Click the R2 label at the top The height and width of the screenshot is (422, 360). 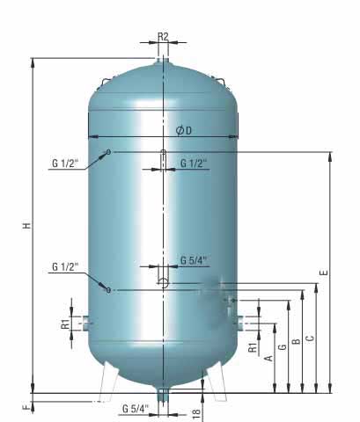[x=164, y=37]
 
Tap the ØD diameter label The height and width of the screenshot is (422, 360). [x=184, y=130]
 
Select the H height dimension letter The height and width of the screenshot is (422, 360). [x=26, y=226]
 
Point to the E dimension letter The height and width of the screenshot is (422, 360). [x=324, y=273]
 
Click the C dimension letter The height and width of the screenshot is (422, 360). [x=310, y=338]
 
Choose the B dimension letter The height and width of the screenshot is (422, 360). [x=296, y=341]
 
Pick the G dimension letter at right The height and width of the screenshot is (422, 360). [x=283, y=347]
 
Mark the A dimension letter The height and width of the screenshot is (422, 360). [x=268, y=358]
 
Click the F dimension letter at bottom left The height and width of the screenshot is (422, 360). [x=26, y=407]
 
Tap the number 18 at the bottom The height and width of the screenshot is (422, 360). [x=196, y=413]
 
